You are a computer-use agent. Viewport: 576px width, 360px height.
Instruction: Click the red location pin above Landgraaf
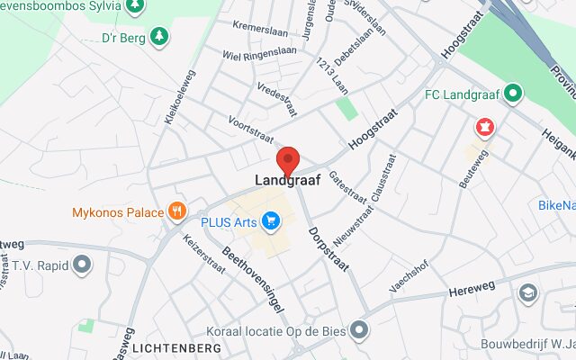point(288,159)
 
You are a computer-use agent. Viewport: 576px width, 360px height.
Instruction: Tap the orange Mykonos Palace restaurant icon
point(177,212)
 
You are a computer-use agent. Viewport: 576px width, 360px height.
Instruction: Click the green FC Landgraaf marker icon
point(513,92)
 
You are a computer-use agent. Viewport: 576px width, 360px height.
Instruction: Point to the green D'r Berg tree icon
point(159,36)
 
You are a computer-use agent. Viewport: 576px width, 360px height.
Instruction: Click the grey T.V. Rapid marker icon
point(83,265)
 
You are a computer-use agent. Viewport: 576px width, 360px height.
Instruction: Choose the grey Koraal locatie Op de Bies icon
point(360,330)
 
